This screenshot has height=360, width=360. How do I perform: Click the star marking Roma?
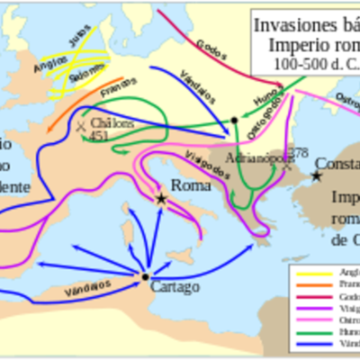(161, 198)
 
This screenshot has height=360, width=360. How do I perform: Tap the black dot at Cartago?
(144, 276)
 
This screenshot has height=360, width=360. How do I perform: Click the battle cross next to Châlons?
(83, 126)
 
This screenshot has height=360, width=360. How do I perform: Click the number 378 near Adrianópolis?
(298, 150)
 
